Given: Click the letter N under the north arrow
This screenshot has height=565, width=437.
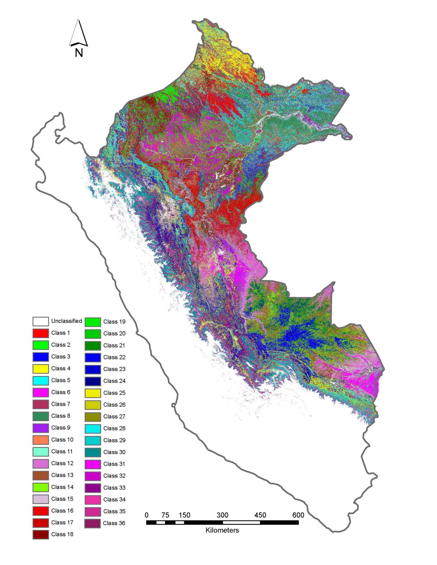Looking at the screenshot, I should click(79, 53).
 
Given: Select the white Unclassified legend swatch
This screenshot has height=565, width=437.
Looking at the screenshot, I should click(40, 321).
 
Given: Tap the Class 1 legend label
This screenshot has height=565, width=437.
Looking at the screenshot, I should click(60, 333).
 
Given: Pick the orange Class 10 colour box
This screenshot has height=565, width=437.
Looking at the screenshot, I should click(40, 440).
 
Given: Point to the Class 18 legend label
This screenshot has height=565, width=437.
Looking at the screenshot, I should click(62, 534).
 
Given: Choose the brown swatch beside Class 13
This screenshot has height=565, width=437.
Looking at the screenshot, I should click(40, 475).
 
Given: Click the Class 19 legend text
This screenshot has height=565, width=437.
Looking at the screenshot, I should click(114, 321).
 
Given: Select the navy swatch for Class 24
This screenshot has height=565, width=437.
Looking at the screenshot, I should click(93, 381).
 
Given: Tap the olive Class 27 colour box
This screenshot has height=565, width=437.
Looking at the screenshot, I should click(93, 416).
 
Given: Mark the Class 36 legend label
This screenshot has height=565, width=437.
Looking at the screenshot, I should click(114, 523).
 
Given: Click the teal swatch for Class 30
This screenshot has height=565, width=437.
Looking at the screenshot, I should click(93, 452).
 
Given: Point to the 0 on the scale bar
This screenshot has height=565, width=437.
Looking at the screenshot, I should click(147, 515).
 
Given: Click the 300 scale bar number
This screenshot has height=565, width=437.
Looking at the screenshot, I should click(222, 515).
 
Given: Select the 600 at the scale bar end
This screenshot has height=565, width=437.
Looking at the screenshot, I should click(298, 515).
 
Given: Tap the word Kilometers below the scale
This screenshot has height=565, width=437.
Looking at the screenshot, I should click(222, 530).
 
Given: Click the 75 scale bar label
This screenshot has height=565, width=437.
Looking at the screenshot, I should click(165, 515).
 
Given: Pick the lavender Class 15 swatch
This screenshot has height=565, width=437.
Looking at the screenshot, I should click(40, 499).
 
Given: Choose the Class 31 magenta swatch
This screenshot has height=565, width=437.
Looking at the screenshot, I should click(93, 464).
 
